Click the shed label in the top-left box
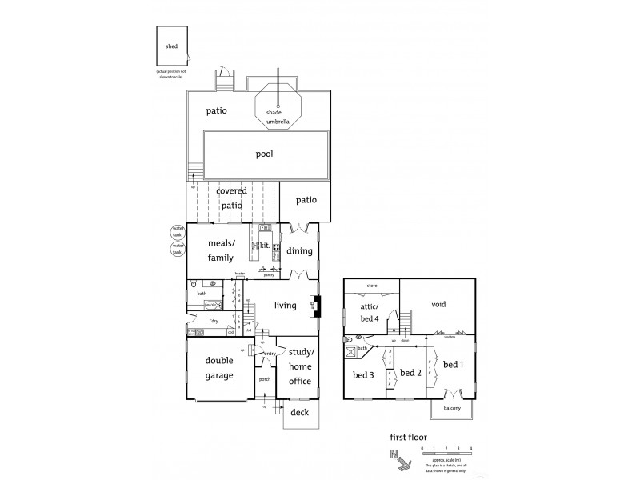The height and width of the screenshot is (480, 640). click(x=171, y=46)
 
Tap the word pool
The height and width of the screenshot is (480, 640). click(x=264, y=154)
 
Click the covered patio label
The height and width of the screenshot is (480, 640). click(x=230, y=198)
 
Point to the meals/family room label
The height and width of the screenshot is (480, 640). click(x=220, y=250)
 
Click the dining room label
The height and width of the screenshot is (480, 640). click(x=299, y=251)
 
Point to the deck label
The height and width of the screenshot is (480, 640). click(x=299, y=413)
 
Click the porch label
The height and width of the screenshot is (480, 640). click(x=264, y=380)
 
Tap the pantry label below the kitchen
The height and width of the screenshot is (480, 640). click(x=269, y=274)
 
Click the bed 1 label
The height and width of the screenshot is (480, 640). click(x=453, y=366)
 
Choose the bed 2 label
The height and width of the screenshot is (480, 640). click(x=410, y=373)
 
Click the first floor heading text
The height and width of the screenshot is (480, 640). click(x=407, y=437)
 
